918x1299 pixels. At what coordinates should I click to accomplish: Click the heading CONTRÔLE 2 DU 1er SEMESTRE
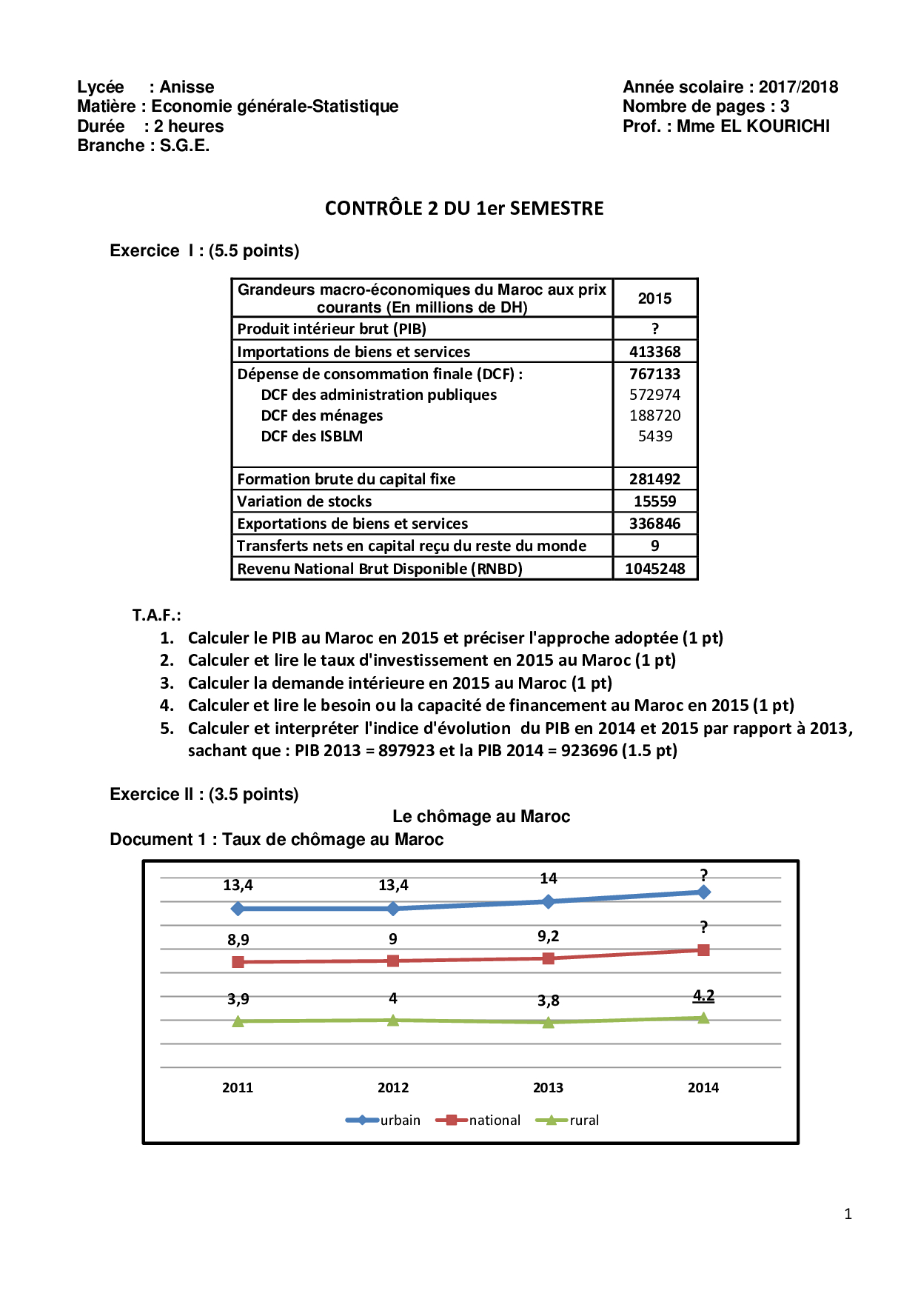464,208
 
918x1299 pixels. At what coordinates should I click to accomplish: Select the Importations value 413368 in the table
654,352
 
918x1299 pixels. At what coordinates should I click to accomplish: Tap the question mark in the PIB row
654,329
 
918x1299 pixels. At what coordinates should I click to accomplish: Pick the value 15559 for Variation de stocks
654,501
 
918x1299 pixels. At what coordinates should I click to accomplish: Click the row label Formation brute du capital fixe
346,479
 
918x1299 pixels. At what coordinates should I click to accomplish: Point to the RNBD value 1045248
654,569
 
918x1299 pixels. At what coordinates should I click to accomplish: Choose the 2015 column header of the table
654,298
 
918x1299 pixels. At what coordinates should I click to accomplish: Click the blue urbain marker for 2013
549,901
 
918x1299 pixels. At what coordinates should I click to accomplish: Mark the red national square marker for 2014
703,950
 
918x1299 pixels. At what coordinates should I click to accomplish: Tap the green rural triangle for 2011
238,1021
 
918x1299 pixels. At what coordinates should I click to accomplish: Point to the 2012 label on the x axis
393,1087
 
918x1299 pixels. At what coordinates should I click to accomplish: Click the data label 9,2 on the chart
549,936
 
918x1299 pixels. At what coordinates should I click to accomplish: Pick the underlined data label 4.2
703,995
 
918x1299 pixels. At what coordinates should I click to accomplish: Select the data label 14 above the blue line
549,878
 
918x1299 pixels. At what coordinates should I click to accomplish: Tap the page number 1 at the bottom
848,1214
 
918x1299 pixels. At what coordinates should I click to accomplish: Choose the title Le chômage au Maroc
481,816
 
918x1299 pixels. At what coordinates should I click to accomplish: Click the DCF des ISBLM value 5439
655,436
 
